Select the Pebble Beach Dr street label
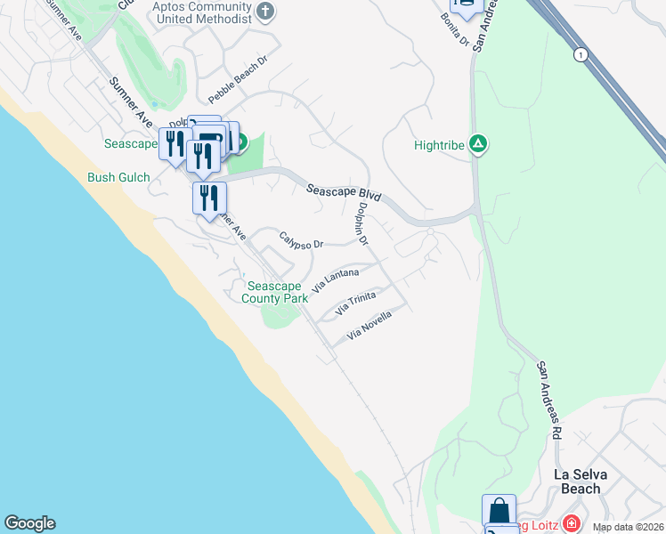point(238,81)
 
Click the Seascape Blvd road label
point(344,193)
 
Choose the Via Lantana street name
point(336,280)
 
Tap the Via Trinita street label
point(356,303)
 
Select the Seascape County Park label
point(277,292)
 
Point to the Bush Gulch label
point(118,177)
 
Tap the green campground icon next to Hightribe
point(478,143)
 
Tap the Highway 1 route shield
point(581,54)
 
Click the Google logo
point(29,523)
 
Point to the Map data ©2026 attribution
point(629,527)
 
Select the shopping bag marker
point(499,511)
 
